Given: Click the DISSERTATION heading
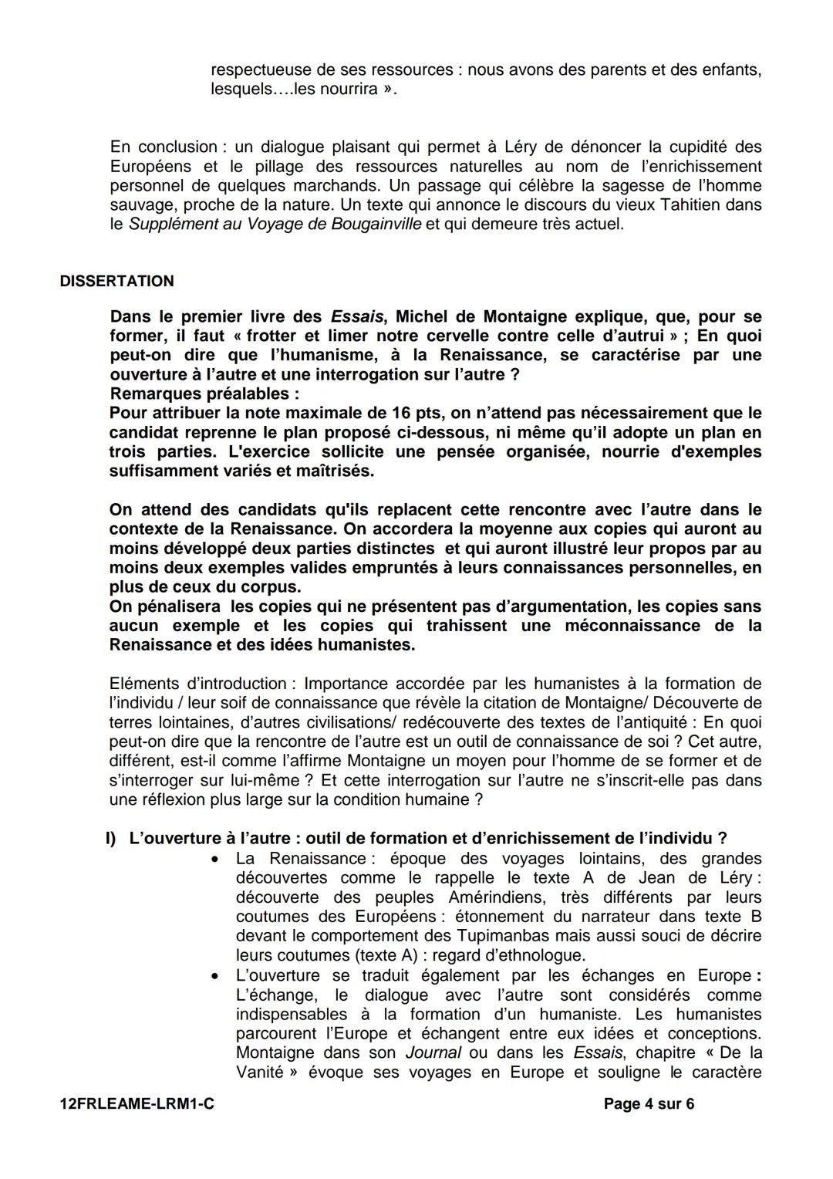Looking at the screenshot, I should (x=116, y=282).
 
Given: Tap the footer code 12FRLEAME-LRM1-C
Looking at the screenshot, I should (x=137, y=1104).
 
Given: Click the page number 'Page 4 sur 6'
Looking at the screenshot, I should (x=649, y=1104).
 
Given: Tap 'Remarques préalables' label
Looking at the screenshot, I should (x=204, y=394).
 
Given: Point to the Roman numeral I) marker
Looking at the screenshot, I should (x=111, y=839).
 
